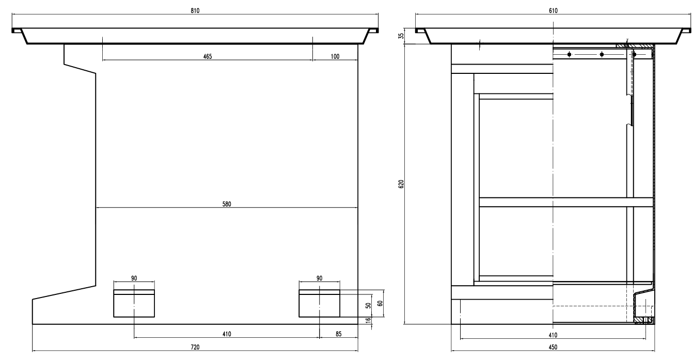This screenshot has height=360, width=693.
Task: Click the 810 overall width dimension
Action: (195, 10)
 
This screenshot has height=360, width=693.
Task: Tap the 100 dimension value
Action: (335, 56)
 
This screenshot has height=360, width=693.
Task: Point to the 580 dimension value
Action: (227, 204)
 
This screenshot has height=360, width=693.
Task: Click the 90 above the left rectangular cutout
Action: (134, 278)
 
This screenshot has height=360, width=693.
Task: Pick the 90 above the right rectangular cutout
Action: (319, 278)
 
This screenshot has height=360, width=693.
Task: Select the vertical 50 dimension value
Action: (368, 305)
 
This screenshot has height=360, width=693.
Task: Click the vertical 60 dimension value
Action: (381, 303)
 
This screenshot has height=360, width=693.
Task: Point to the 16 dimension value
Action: (368, 321)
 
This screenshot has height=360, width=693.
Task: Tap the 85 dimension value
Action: (339, 334)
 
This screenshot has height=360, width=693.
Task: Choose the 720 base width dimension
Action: (195, 347)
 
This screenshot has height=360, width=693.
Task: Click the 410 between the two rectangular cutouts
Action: (226, 334)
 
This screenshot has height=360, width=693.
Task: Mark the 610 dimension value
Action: (553, 10)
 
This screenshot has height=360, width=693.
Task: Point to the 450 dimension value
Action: (553, 347)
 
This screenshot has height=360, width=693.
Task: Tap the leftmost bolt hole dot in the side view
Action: (569, 54)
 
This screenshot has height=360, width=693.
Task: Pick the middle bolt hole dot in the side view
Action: (602, 54)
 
